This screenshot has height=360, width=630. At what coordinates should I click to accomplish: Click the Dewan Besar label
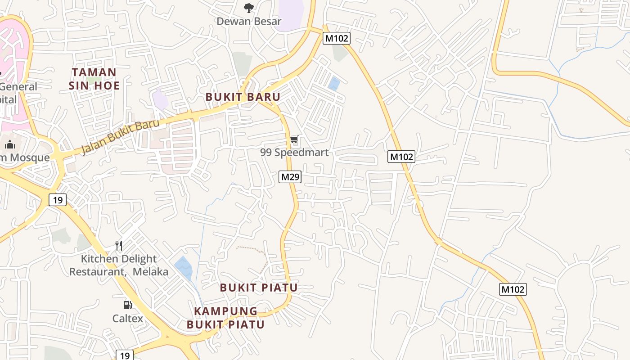coord(249,21)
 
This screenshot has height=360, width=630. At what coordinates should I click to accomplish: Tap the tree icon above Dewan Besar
coord(248,8)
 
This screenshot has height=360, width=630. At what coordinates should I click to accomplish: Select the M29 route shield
coord(290,177)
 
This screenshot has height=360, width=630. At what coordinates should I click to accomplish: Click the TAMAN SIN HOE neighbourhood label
coord(94,79)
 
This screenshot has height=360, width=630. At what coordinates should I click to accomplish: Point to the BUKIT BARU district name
coord(243,97)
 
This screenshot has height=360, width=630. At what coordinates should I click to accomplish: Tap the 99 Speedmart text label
coord(294,153)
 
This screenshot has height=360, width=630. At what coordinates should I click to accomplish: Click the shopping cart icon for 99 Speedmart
coord(294,139)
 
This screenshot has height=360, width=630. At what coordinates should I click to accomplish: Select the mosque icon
coord(10,144)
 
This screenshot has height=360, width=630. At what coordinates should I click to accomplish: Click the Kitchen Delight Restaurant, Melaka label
coord(119,265)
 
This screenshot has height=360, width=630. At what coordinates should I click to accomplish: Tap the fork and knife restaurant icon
coord(119,246)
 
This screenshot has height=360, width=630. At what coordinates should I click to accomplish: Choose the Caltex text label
coord(128,319)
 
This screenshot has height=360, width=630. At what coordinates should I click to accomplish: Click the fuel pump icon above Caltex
coord(128,305)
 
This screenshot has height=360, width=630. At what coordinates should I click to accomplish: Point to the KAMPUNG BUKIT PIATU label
coord(226,318)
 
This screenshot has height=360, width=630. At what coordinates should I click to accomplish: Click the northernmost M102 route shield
coord(337,38)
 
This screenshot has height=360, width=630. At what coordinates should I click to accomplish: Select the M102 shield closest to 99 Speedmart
coord(401,157)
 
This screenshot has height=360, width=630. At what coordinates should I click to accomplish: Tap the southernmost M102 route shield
coord(513,289)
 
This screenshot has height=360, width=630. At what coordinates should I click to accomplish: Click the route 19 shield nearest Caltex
coord(125,355)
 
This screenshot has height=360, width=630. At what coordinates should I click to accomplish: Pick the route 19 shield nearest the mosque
coord(58,199)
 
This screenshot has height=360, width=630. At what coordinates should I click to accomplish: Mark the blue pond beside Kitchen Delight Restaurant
coord(184,267)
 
